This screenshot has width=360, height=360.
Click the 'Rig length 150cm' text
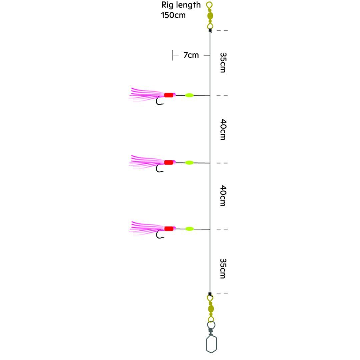(181, 10)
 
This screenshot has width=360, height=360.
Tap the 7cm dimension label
(191, 55)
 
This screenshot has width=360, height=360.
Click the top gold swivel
(210, 16)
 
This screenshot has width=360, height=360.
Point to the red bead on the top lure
(169, 95)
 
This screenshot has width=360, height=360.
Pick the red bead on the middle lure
(169, 162)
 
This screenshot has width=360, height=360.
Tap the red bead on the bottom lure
(169, 229)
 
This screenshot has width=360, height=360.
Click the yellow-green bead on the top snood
(189, 95)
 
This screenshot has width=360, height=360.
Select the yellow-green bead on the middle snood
(189, 163)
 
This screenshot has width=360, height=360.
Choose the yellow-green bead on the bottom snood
(189, 229)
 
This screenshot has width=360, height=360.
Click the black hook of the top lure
(160, 101)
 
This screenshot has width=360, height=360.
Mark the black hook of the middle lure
(160, 169)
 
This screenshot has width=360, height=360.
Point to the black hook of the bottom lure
(160, 235)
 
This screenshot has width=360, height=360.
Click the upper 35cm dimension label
(223, 62)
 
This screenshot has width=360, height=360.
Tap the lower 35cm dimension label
(223, 268)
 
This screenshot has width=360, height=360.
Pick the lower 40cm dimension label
(223, 196)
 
